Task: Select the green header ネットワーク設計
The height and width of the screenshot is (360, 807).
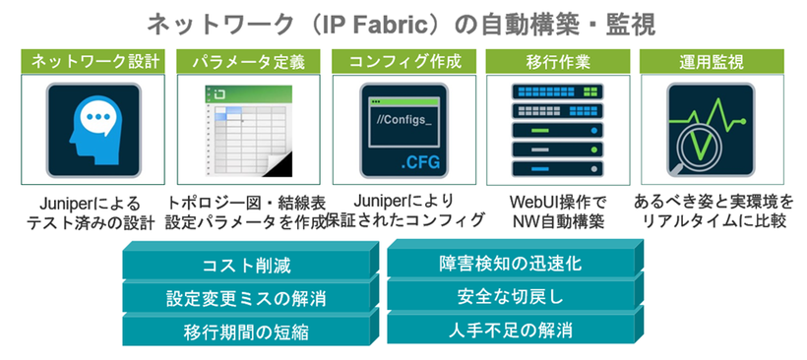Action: click(x=94, y=61)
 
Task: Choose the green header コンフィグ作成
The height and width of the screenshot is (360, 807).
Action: click(x=404, y=61)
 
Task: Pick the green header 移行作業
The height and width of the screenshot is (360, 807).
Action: click(x=558, y=61)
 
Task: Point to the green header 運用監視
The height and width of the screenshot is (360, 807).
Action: click(x=711, y=61)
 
